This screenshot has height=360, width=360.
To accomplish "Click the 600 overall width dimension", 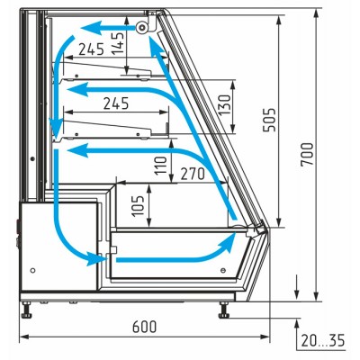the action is (x=144, y=327).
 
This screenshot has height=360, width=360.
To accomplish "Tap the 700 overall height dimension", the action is (x=307, y=154).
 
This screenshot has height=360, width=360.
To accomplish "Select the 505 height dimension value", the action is (x=269, y=120).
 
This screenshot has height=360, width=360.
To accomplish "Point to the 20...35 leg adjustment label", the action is (x=323, y=340).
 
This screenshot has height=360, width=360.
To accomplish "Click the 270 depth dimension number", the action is (x=193, y=174).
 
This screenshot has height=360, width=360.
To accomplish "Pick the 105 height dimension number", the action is (x=138, y=206).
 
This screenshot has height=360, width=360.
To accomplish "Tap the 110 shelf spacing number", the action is (x=160, y=166).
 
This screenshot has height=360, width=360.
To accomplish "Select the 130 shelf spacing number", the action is (x=224, y=104).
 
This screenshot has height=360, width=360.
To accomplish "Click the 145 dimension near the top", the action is (x=118, y=43).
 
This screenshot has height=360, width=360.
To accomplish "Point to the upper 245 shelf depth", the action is (x=91, y=49).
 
